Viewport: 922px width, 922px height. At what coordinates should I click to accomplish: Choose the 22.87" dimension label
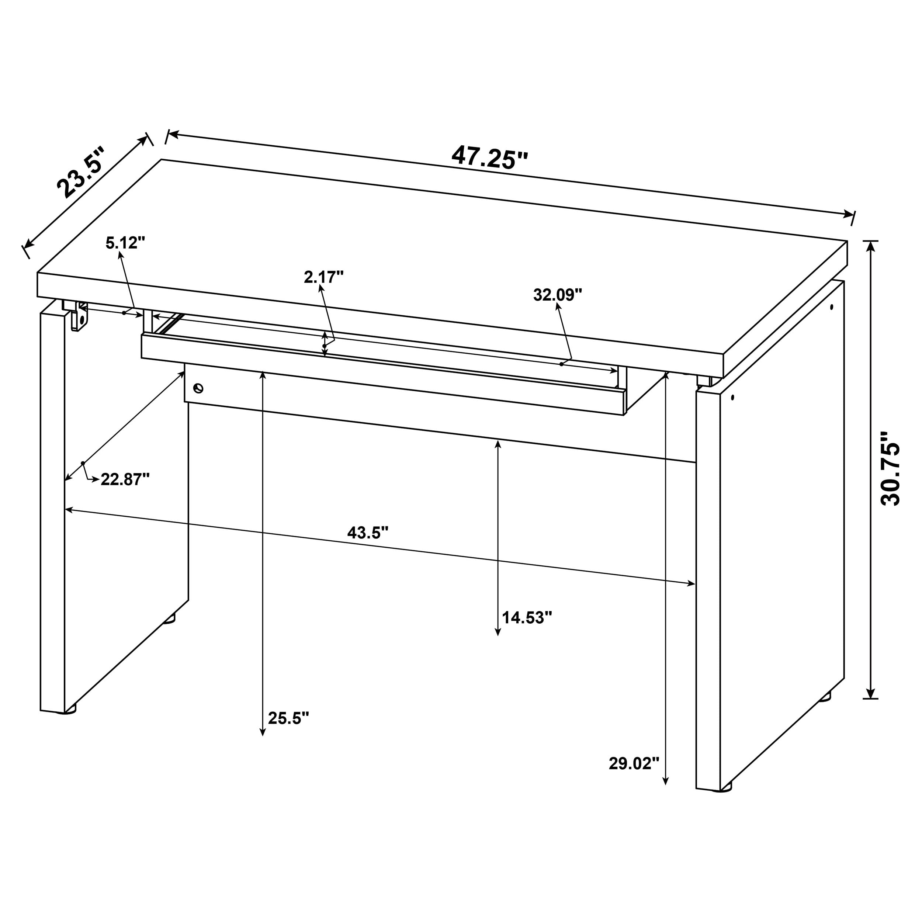pyautogui.click(x=125, y=479)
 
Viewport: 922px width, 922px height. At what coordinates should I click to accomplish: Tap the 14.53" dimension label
pyautogui.click(x=527, y=617)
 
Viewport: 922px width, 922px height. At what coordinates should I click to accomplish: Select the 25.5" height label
pyautogui.click(x=288, y=718)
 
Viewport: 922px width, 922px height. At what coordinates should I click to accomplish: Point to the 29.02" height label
pyautogui.click(x=634, y=763)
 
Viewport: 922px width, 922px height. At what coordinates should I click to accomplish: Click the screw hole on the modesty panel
pyautogui.click(x=198, y=388)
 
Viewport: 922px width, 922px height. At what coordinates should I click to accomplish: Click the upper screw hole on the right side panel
pyautogui.click(x=832, y=307)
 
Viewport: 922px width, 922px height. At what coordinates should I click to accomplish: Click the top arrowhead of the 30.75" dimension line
pyautogui.click(x=871, y=245)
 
